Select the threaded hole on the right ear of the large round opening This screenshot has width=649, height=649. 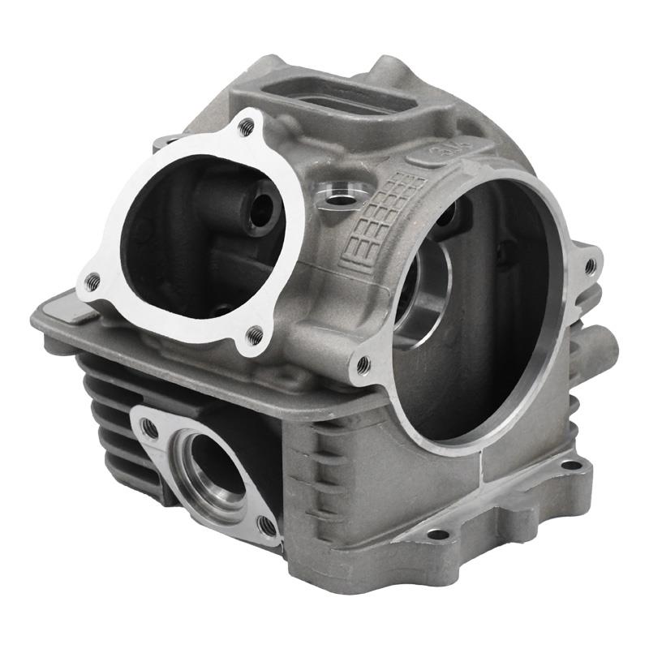coord(590,264)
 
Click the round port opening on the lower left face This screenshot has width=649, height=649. coord(213,466)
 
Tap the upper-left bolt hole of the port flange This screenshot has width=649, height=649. coord(149,428)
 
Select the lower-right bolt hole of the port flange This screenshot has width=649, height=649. coord(267,525)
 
